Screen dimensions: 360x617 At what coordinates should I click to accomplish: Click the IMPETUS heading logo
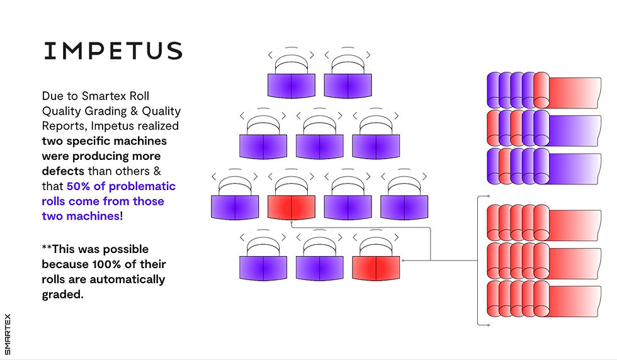click(x=113, y=51)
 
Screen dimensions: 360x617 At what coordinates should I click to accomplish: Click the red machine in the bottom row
click(x=376, y=267)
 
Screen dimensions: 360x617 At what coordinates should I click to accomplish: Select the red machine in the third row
click(x=292, y=207)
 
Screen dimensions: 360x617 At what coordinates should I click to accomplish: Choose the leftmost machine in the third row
click(x=235, y=207)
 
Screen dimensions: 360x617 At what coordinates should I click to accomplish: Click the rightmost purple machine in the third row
click(x=404, y=207)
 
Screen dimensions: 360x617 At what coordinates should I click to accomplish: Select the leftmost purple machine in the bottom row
click(x=263, y=267)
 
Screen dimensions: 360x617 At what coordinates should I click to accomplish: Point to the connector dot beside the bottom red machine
click(x=402, y=260)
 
